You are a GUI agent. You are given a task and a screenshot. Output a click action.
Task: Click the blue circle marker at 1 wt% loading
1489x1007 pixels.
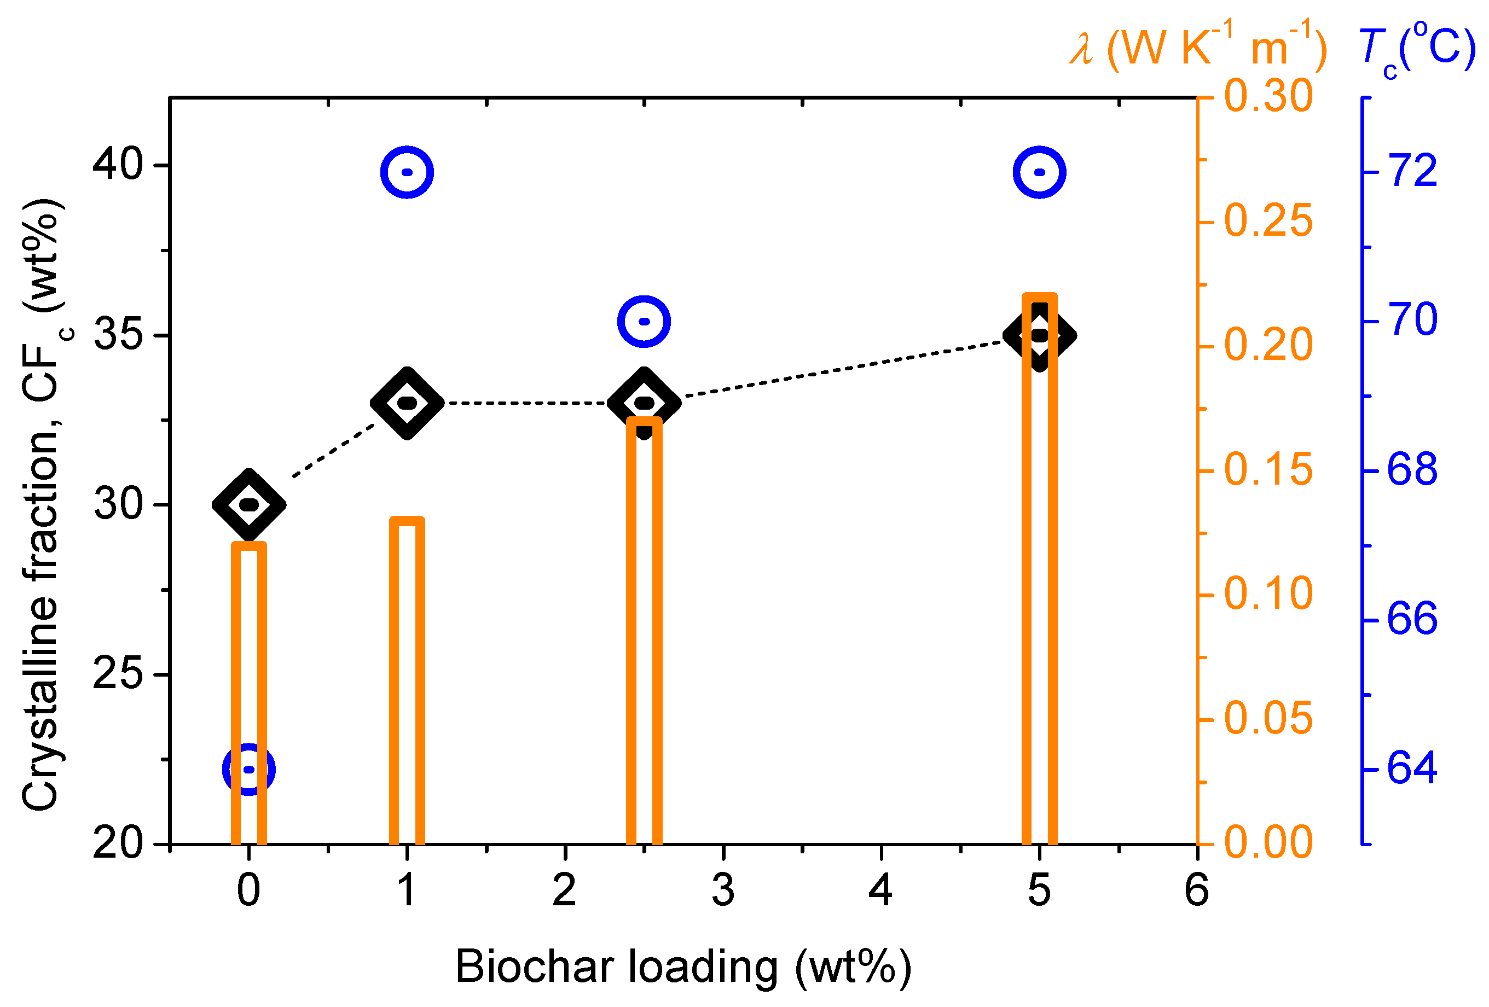tap(407, 172)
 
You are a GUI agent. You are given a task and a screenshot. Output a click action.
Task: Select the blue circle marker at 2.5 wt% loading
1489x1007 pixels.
tap(644, 321)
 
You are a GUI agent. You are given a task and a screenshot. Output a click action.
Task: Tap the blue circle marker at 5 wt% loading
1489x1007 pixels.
tap(1039, 172)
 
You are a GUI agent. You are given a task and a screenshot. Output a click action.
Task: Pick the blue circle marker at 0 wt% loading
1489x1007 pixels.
tap(248, 770)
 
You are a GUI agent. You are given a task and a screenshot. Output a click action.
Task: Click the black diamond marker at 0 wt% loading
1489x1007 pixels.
tap(248, 505)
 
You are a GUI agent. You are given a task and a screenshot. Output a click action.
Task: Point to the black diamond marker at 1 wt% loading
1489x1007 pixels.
tap(407, 403)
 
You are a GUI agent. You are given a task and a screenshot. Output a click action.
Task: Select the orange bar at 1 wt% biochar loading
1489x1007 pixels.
tap(407, 679)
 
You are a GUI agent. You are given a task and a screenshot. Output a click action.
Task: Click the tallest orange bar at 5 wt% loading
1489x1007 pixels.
tap(1039, 577)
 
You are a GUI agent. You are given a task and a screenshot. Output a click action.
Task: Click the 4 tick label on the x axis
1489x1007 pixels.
tap(881, 890)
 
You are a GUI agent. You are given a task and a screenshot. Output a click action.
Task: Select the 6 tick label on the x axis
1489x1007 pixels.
tap(1197, 890)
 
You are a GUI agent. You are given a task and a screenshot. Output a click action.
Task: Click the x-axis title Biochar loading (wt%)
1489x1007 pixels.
tap(683, 967)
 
